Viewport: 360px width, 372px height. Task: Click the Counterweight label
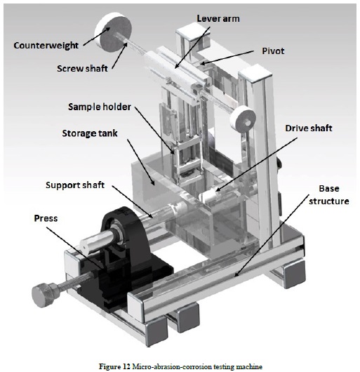pyautogui.click(x=46, y=46)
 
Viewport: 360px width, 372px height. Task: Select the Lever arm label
pyautogui.click(x=218, y=18)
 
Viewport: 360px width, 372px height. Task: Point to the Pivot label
pyautogui.click(x=273, y=51)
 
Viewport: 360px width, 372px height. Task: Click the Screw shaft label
pyautogui.click(x=82, y=68)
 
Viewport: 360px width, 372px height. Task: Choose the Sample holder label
pyautogui.click(x=100, y=107)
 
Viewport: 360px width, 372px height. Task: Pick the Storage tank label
pyautogui.click(x=90, y=133)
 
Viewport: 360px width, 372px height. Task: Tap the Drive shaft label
pyautogui.click(x=308, y=128)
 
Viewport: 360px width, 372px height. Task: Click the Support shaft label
pyautogui.click(x=75, y=185)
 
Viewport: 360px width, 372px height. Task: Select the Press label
pyautogui.click(x=46, y=218)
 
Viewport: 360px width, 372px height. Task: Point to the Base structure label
pyautogui.click(x=329, y=195)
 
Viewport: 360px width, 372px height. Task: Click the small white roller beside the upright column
pyautogui.click(x=243, y=118)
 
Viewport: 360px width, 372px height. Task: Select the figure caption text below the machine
pyautogui.click(x=181, y=366)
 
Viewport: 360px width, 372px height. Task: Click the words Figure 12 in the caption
pyautogui.click(x=114, y=366)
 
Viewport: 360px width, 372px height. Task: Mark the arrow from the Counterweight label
pyautogui.click(x=97, y=36)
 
